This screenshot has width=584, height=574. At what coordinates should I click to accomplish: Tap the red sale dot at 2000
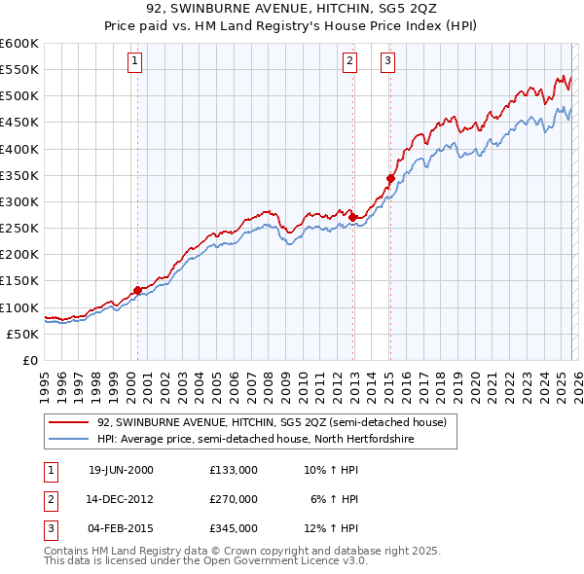(x=137, y=289)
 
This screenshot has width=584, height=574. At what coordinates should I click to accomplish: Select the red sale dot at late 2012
(x=352, y=217)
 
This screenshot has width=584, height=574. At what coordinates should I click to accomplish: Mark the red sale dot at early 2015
(x=390, y=178)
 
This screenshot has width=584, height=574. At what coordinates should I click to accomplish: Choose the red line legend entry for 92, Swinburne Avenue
(x=272, y=422)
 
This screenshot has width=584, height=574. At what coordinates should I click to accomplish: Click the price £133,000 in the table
(x=233, y=469)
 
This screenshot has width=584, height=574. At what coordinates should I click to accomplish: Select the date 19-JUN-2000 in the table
(x=121, y=469)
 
